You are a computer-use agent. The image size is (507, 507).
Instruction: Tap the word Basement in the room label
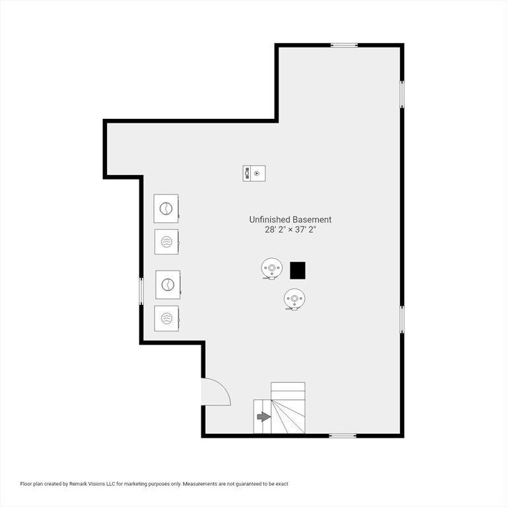click(x=312, y=220)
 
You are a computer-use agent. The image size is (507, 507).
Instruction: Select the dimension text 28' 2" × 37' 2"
click(x=290, y=230)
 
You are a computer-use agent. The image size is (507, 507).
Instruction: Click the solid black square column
click(x=298, y=270)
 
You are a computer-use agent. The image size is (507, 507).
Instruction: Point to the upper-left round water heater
click(x=271, y=269)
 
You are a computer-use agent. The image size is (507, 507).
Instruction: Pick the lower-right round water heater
click(x=294, y=299)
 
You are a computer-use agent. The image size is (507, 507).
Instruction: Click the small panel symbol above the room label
click(x=254, y=174)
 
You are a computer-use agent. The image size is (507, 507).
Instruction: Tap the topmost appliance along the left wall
click(x=166, y=209)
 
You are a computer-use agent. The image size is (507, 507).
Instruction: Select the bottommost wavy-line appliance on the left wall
click(x=167, y=318)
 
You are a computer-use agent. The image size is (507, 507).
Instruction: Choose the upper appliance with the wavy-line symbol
click(x=166, y=242)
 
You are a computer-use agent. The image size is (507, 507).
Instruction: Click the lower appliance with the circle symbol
click(x=168, y=285)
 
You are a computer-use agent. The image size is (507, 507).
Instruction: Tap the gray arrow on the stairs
click(x=264, y=417)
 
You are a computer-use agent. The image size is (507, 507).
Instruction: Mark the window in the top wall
click(x=344, y=46)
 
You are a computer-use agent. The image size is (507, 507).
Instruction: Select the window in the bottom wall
click(x=343, y=436)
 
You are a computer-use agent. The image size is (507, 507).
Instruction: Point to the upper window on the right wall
click(x=402, y=94)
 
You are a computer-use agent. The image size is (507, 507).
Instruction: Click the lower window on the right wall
click(x=402, y=320)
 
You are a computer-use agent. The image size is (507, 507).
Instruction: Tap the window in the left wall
click(x=141, y=291)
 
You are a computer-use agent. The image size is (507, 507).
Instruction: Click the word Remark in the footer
click(x=77, y=484)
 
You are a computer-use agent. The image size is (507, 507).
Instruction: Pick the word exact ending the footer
click(x=282, y=484)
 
